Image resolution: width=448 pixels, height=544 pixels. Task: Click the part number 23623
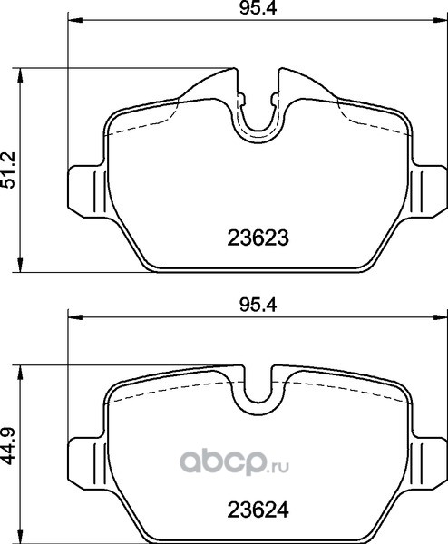pyautogui.click(x=258, y=238)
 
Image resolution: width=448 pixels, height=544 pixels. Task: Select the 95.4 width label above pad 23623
pyautogui.click(x=258, y=9)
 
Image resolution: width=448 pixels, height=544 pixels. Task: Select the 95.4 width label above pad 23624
pyautogui.click(x=258, y=306)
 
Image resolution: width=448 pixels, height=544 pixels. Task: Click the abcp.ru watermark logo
pyautogui.click(x=234, y=464)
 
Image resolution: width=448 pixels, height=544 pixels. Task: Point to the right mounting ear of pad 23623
pyautogui.click(x=429, y=191)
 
